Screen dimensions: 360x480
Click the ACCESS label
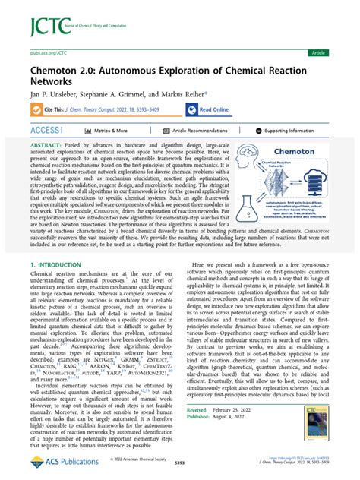[43, 131]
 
